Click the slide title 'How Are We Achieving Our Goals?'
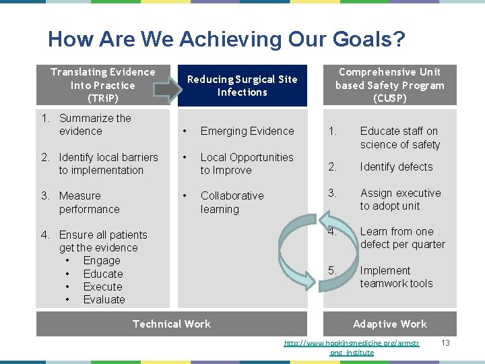pos(226,40)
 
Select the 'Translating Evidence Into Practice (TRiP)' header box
pos(102,85)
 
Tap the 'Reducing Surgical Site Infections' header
pos(242,86)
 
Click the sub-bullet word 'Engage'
pos(102,261)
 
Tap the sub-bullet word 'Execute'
pos(103,286)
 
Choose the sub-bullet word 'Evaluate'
pos(104,299)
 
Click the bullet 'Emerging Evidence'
pos(247,131)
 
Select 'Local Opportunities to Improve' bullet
pos(247,164)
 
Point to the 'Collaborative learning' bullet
pos(232,202)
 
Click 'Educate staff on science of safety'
pos(399,138)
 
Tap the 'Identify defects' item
pos(396,166)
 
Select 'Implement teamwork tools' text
pos(396,277)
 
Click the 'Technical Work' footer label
pos(172,324)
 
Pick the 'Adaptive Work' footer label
pos(389,324)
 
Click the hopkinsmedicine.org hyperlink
pos(351,347)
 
